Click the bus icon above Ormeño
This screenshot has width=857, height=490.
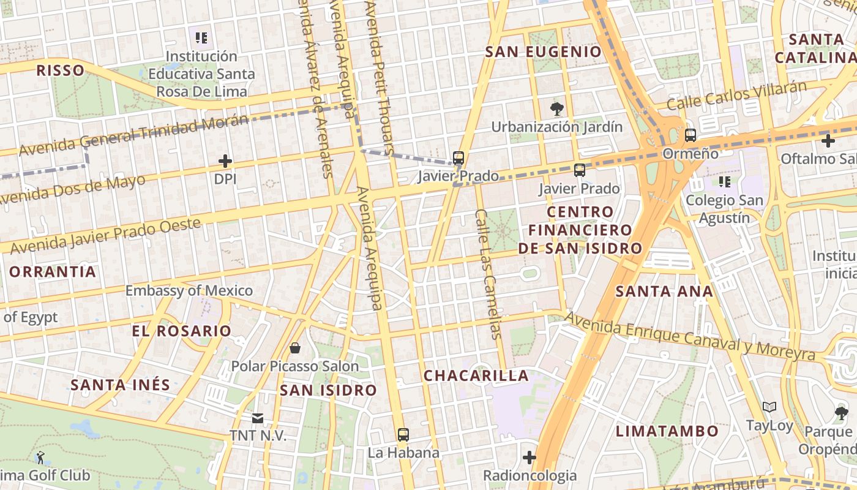690,135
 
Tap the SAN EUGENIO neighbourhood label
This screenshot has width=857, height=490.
544,52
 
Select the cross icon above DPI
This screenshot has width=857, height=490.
225,162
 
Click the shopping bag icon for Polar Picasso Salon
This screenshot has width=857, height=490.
295,348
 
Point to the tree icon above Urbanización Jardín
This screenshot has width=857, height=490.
556,110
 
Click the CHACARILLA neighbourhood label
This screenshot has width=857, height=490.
476,375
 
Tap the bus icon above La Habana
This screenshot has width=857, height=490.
403,435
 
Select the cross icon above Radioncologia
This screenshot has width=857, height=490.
530,458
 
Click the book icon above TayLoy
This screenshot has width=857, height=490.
769,407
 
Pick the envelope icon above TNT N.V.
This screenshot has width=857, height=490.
258,418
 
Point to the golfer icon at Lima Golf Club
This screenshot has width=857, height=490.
40,457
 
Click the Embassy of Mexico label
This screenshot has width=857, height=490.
189,290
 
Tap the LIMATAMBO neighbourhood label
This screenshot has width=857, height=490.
667,431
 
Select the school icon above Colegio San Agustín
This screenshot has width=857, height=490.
725,182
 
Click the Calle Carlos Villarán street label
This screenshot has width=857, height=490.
737,96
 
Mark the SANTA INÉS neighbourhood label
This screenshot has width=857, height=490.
120,385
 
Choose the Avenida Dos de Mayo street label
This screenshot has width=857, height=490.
72,190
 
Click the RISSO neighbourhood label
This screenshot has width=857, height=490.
60,70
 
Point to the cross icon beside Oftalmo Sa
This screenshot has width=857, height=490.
828,141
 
